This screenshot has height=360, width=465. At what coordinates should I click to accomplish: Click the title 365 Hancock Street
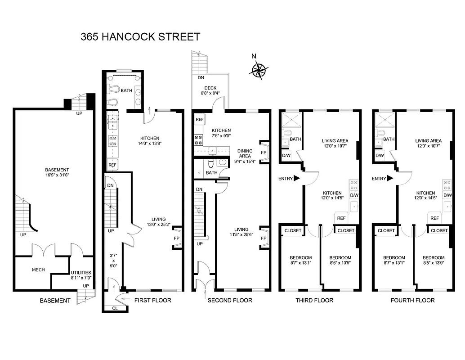140,36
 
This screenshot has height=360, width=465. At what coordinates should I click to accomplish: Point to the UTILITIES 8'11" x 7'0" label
81,275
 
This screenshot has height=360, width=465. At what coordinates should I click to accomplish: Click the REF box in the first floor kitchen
112,165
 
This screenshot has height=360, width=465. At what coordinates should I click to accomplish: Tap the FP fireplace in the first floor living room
177,238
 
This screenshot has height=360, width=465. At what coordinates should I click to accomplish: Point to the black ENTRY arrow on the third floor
296,179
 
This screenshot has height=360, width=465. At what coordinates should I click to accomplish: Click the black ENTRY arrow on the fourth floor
390,179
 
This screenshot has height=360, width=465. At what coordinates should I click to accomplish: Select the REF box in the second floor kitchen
199,120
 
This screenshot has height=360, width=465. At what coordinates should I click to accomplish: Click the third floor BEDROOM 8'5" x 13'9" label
340,261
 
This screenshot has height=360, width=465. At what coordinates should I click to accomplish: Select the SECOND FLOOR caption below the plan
229,300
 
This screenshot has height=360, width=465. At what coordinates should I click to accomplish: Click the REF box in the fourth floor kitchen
434,218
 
